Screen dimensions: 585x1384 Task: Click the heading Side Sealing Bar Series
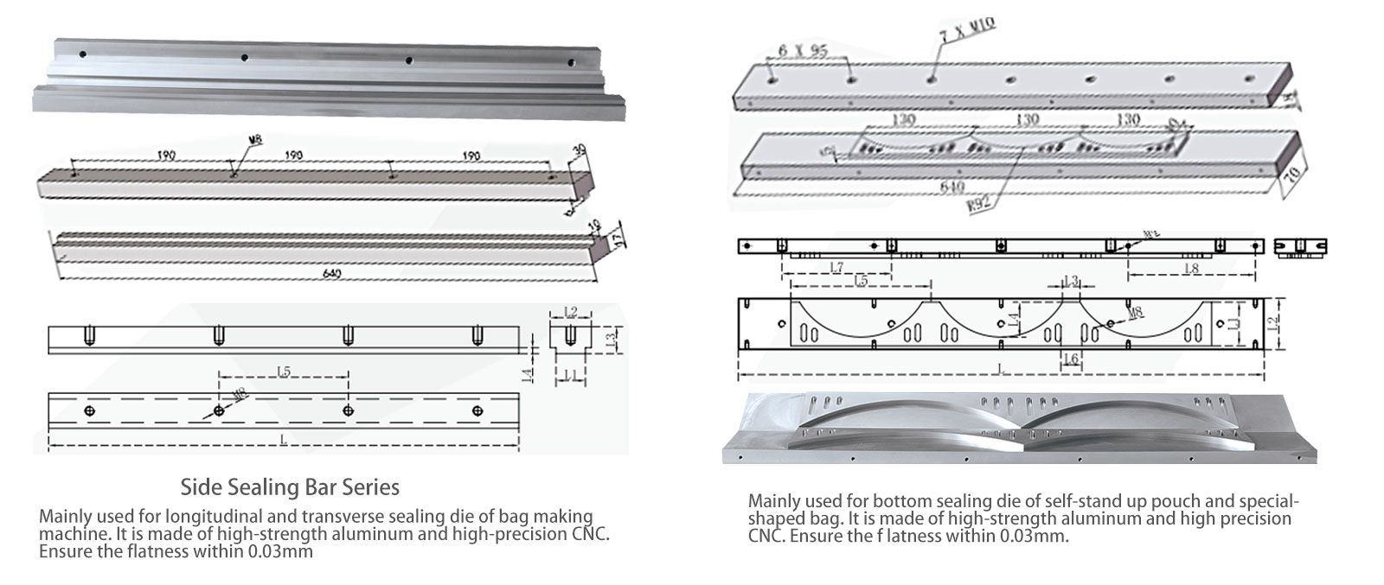(x=290, y=487)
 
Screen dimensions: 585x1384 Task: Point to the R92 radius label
(x=979, y=205)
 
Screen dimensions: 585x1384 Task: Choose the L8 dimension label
(x=1190, y=269)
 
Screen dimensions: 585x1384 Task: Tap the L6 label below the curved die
(x=1069, y=359)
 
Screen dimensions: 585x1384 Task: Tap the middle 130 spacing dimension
(x=1027, y=120)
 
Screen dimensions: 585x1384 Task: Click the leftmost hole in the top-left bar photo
(x=82, y=54)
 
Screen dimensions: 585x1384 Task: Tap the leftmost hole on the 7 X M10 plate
(x=770, y=79)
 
